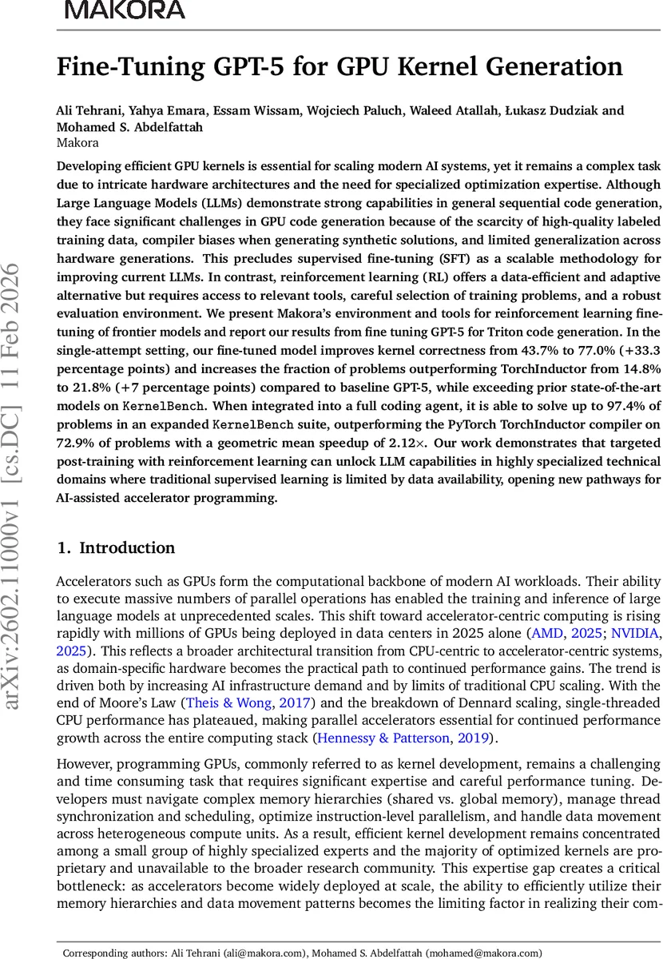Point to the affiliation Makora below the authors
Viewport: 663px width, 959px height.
(77, 143)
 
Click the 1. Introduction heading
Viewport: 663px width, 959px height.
(115, 548)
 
